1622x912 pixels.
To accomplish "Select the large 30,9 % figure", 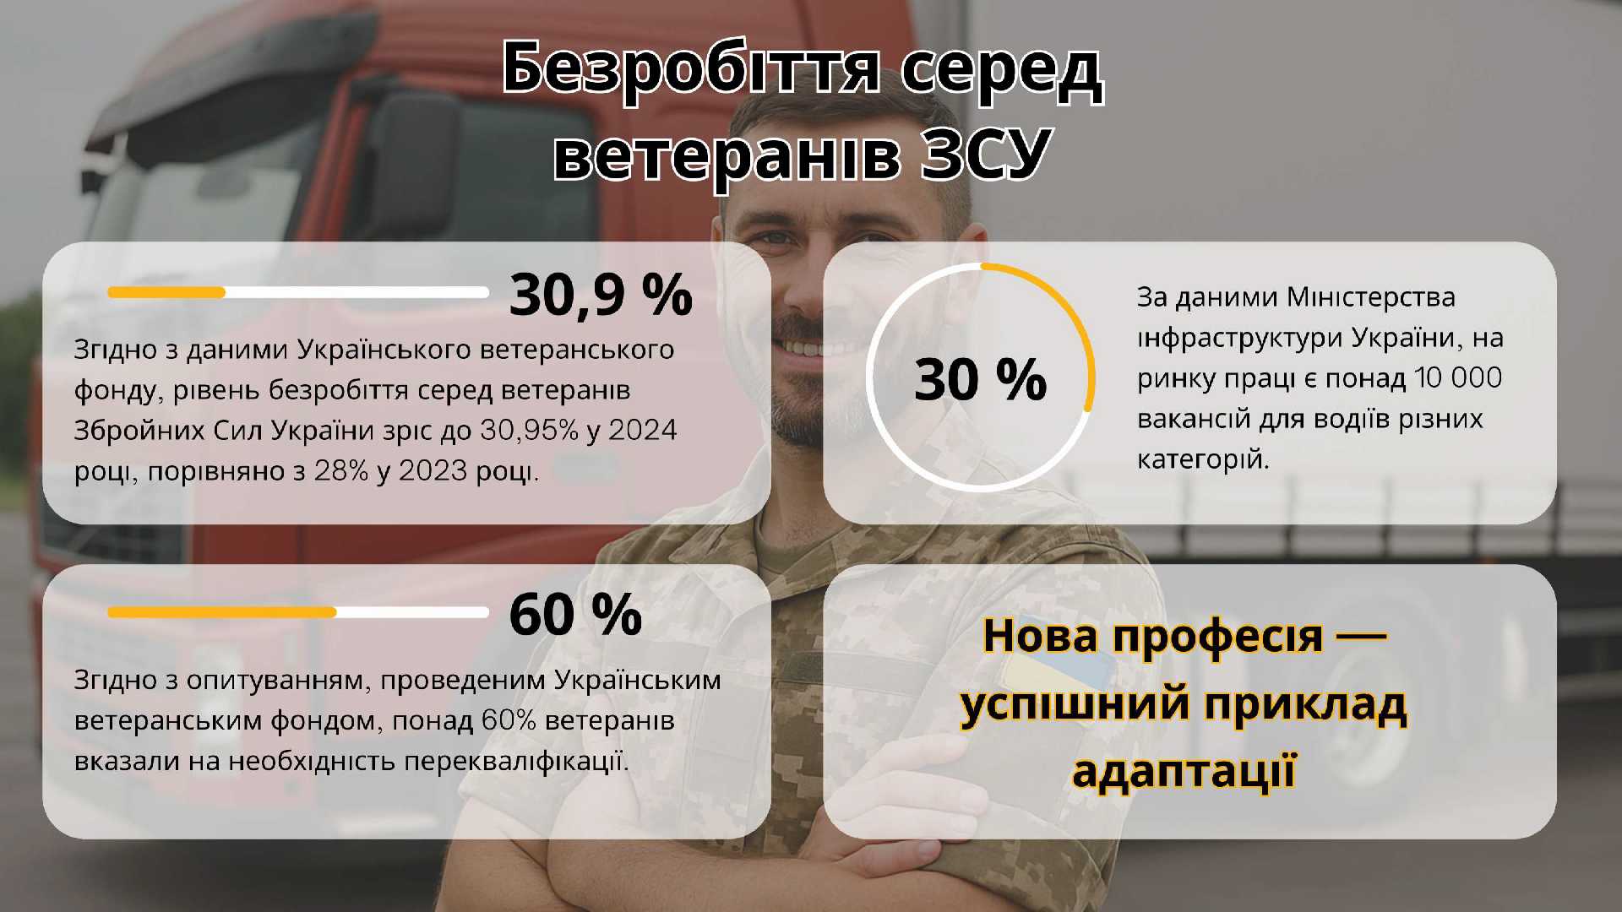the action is coord(601,295).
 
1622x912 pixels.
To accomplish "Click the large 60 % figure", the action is coord(575,614).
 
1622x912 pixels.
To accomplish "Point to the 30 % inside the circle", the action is coord(980,379).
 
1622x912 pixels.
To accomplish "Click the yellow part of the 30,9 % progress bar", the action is coord(166,292).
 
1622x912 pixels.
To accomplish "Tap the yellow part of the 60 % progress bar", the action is coord(222,612).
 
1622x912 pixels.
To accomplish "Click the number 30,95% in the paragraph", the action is coord(529,431).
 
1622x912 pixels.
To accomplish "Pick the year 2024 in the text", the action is coord(643,431).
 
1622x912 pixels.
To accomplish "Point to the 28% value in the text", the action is coord(341,471).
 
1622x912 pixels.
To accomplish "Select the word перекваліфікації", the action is coord(516,762).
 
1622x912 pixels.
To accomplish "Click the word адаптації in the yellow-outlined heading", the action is coord(1184,771).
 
